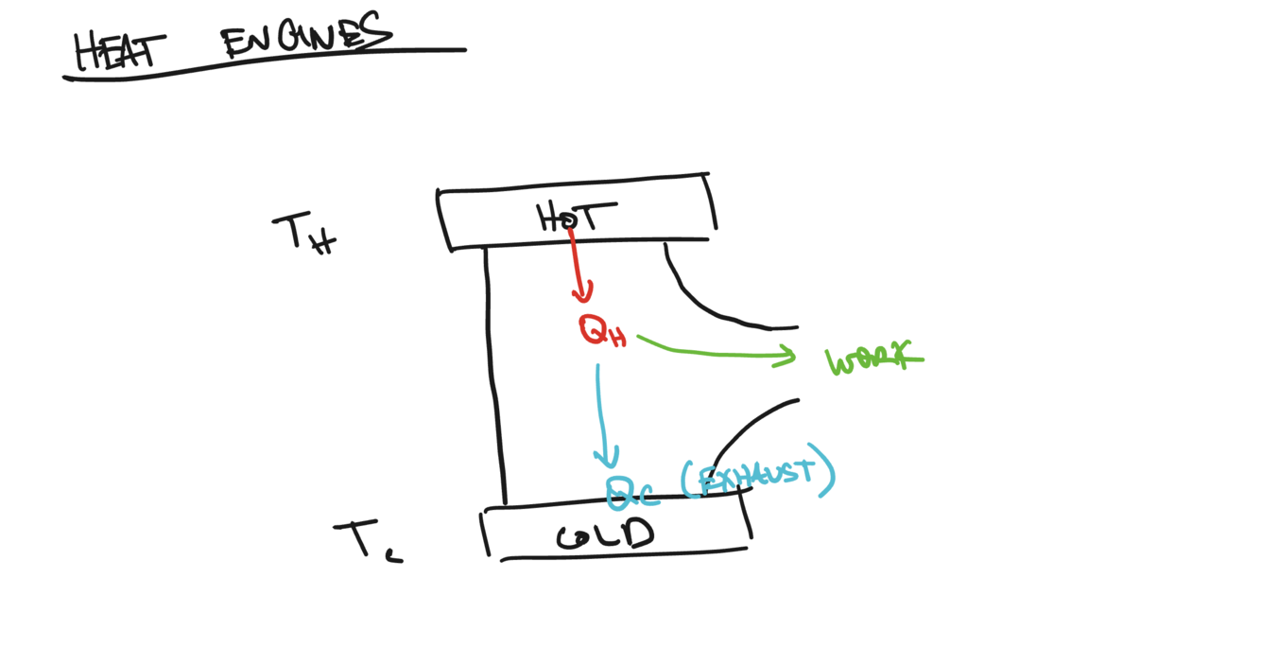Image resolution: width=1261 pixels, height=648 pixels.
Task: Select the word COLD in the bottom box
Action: click(x=605, y=535)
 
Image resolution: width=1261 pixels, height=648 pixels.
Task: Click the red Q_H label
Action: click(x=602, y=331)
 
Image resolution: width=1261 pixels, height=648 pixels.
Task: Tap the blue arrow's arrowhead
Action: click(x=607, y=459)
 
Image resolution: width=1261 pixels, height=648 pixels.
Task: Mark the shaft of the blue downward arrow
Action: click(x=599, y=407)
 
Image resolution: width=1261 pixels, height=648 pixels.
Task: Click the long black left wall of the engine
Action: click(x=494, y=378)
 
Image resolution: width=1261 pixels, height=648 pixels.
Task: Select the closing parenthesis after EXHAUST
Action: click(x=828, y=473)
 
